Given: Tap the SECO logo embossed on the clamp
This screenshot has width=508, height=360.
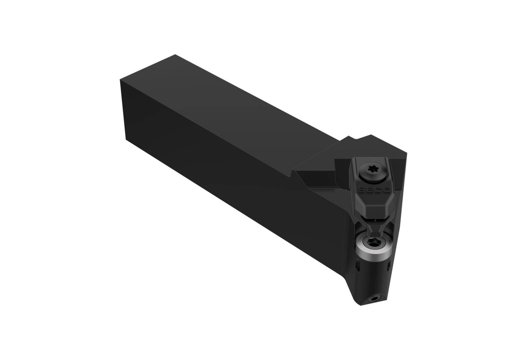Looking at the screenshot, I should (x=368, y=190).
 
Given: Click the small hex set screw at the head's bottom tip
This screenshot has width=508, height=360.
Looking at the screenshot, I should (x=374, y=299).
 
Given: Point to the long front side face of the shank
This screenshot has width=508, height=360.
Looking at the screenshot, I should (x=223, y=183).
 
